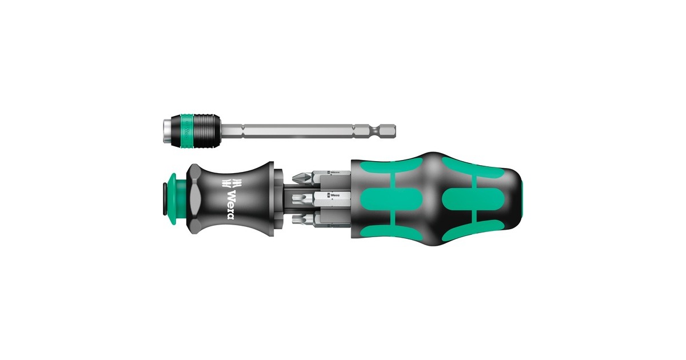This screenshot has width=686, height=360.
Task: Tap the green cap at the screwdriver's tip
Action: click(174, 189)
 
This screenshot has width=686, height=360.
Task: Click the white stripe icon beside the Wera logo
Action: click(230, 183)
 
